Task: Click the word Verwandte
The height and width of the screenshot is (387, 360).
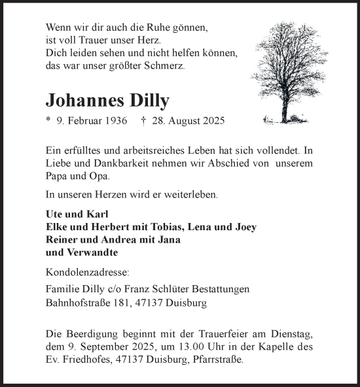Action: tap(92, 252)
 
